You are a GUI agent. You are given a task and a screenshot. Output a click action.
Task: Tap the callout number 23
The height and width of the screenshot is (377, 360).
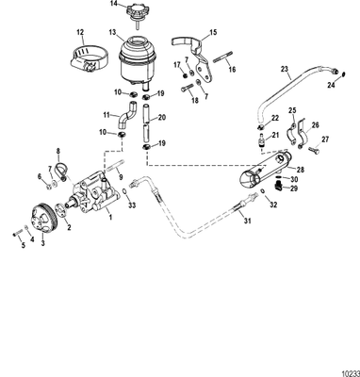pyautogui.click(x=285, y=69)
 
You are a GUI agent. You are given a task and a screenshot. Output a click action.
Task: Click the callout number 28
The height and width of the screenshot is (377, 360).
pyautogui.click(x=287, y=170)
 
